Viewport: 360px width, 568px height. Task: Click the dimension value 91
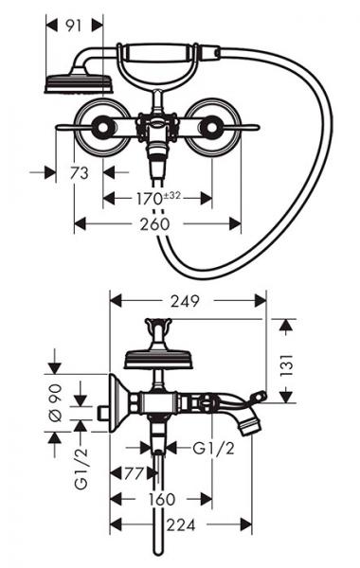point(74,26)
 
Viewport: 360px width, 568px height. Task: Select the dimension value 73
point(80,173)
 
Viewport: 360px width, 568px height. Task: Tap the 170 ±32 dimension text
point(158,198)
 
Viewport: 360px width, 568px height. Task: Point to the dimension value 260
point(154,224)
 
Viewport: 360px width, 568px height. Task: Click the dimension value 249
point(185,301)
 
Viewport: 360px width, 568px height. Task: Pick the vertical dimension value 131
point(286,365)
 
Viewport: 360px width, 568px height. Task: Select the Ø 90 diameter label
point(56,403)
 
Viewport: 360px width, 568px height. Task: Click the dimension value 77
point(134,473)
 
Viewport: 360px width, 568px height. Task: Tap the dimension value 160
point(162,500)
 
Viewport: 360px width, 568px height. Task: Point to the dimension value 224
point(181,524)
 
